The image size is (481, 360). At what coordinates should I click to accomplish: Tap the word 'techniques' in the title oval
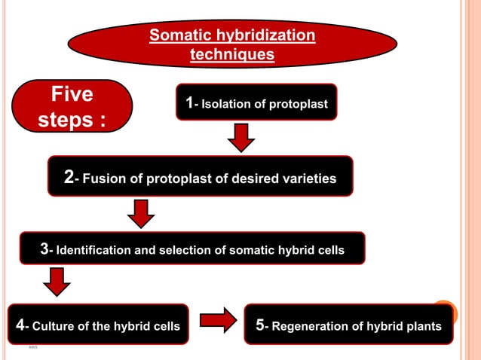point(231,54)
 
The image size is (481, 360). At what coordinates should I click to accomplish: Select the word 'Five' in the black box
point(72,95)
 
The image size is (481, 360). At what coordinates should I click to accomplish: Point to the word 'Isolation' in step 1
point(225,104)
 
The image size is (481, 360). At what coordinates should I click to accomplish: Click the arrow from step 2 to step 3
point(140,213)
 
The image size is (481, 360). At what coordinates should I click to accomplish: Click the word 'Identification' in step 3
point(93,250)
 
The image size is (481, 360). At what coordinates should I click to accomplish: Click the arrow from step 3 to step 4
point(56,282)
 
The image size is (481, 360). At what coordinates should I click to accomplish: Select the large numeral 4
point(20,325)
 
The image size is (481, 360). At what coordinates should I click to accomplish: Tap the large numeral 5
point(260,325)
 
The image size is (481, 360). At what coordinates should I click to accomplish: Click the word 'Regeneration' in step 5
point(308,326)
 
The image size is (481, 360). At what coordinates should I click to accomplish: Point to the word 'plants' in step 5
point(421,326)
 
